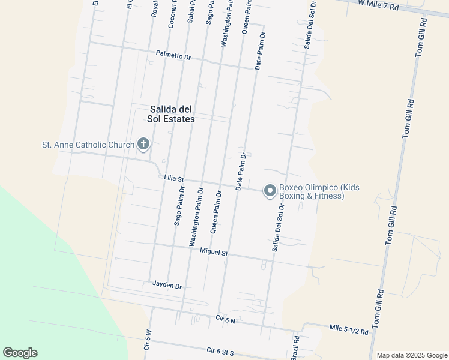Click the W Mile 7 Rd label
tap(378, 5)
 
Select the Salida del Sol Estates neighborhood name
tap(171, 114)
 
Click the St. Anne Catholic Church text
tap(88, 145)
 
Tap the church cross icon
tap(143, 144)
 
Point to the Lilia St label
tap(173, 178)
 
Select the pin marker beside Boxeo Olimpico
tap(270, 191)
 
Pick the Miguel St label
tap(214, 251)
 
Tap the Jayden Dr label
tap(167, 285)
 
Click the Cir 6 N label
tap(226, 320)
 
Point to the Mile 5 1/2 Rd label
tap(349, 329)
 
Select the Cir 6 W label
tap(147, 340)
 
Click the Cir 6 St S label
tap(220, 351)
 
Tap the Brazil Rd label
tap(295, 347)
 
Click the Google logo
tap(20, 353)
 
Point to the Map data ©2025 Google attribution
tap(412, 355)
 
